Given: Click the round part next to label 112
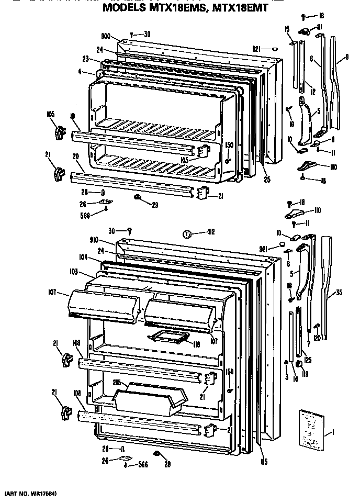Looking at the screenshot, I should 187,234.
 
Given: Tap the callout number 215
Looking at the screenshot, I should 117,383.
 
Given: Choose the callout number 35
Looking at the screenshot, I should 339,292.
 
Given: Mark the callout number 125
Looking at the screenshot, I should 308,360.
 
